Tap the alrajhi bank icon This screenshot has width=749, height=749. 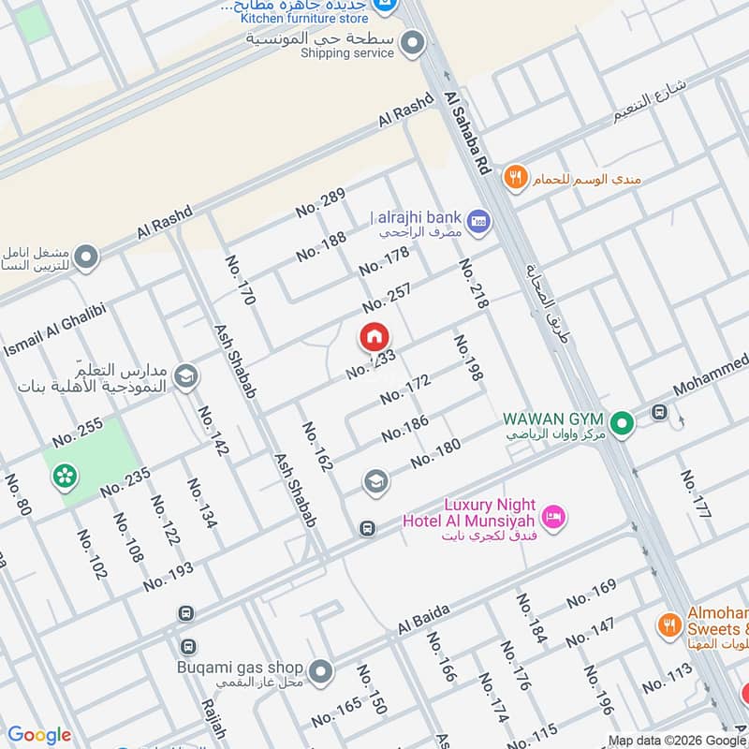(479, 221)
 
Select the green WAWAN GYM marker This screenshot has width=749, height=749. (620, 424)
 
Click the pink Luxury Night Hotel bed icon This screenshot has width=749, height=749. (554, 516)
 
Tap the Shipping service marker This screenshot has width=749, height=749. (411, 42)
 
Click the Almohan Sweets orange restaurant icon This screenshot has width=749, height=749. (668, 624)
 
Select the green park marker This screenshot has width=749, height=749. (65, 477)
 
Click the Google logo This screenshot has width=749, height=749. (38, 735)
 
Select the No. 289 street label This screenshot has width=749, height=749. (321, 203)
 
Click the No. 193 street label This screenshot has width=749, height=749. (169, 576)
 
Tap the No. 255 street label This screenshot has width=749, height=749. (78, 432)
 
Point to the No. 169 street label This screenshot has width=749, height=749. (591, 594)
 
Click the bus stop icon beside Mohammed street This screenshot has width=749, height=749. (660, 412)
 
